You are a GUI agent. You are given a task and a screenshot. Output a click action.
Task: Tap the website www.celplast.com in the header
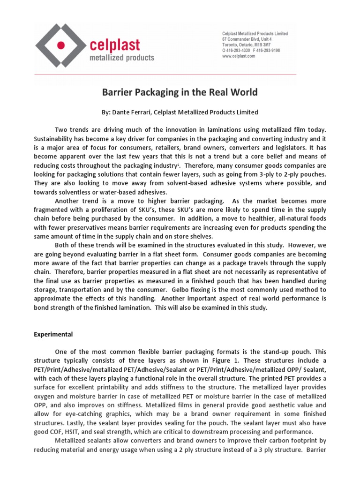tap(238, 56)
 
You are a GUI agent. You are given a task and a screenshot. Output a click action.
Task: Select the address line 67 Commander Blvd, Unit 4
tap(247, 39)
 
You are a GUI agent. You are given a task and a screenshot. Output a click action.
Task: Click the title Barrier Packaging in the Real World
tap(180, 92)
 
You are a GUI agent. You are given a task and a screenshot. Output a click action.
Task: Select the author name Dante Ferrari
tap(138, 112)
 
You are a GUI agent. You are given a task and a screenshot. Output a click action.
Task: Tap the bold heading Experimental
tap(53, 335)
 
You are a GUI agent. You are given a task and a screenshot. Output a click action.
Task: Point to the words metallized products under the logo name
tap(121, 58)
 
